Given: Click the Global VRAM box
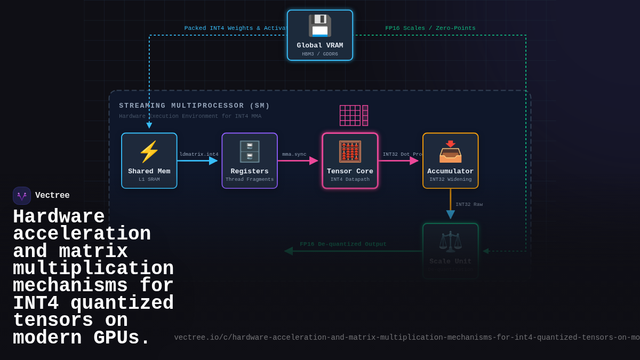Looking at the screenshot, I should click(319, 35).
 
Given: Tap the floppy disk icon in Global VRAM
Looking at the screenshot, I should click(319, 26).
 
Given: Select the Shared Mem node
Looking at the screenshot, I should click(149, 161).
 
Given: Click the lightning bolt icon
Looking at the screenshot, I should click(149, 152).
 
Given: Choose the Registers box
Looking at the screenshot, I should click(250, 161).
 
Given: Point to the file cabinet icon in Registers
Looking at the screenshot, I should click(250, 152).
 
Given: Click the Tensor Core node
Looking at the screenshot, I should click(350, 161).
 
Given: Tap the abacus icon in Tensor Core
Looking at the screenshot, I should click(350, 152).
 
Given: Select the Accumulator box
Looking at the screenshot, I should click(450, 161).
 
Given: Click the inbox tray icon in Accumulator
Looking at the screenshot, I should click(450, 152).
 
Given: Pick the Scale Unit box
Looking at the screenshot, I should click(450, 251).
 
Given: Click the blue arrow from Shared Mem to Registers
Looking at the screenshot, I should click(197, 161).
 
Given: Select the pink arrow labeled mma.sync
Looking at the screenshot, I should click(298, 161).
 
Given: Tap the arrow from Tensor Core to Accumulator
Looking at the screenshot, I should click(398, 161).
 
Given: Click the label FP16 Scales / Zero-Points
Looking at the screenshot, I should click(430, 28).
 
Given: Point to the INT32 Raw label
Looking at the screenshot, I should click(469, 205).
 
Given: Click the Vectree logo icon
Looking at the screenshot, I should click(22, 196).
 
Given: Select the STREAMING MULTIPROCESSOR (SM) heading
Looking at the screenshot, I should click(194, 106).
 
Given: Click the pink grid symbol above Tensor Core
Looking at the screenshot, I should click(354, 115).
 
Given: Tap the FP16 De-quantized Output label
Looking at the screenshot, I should click(343, 244).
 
